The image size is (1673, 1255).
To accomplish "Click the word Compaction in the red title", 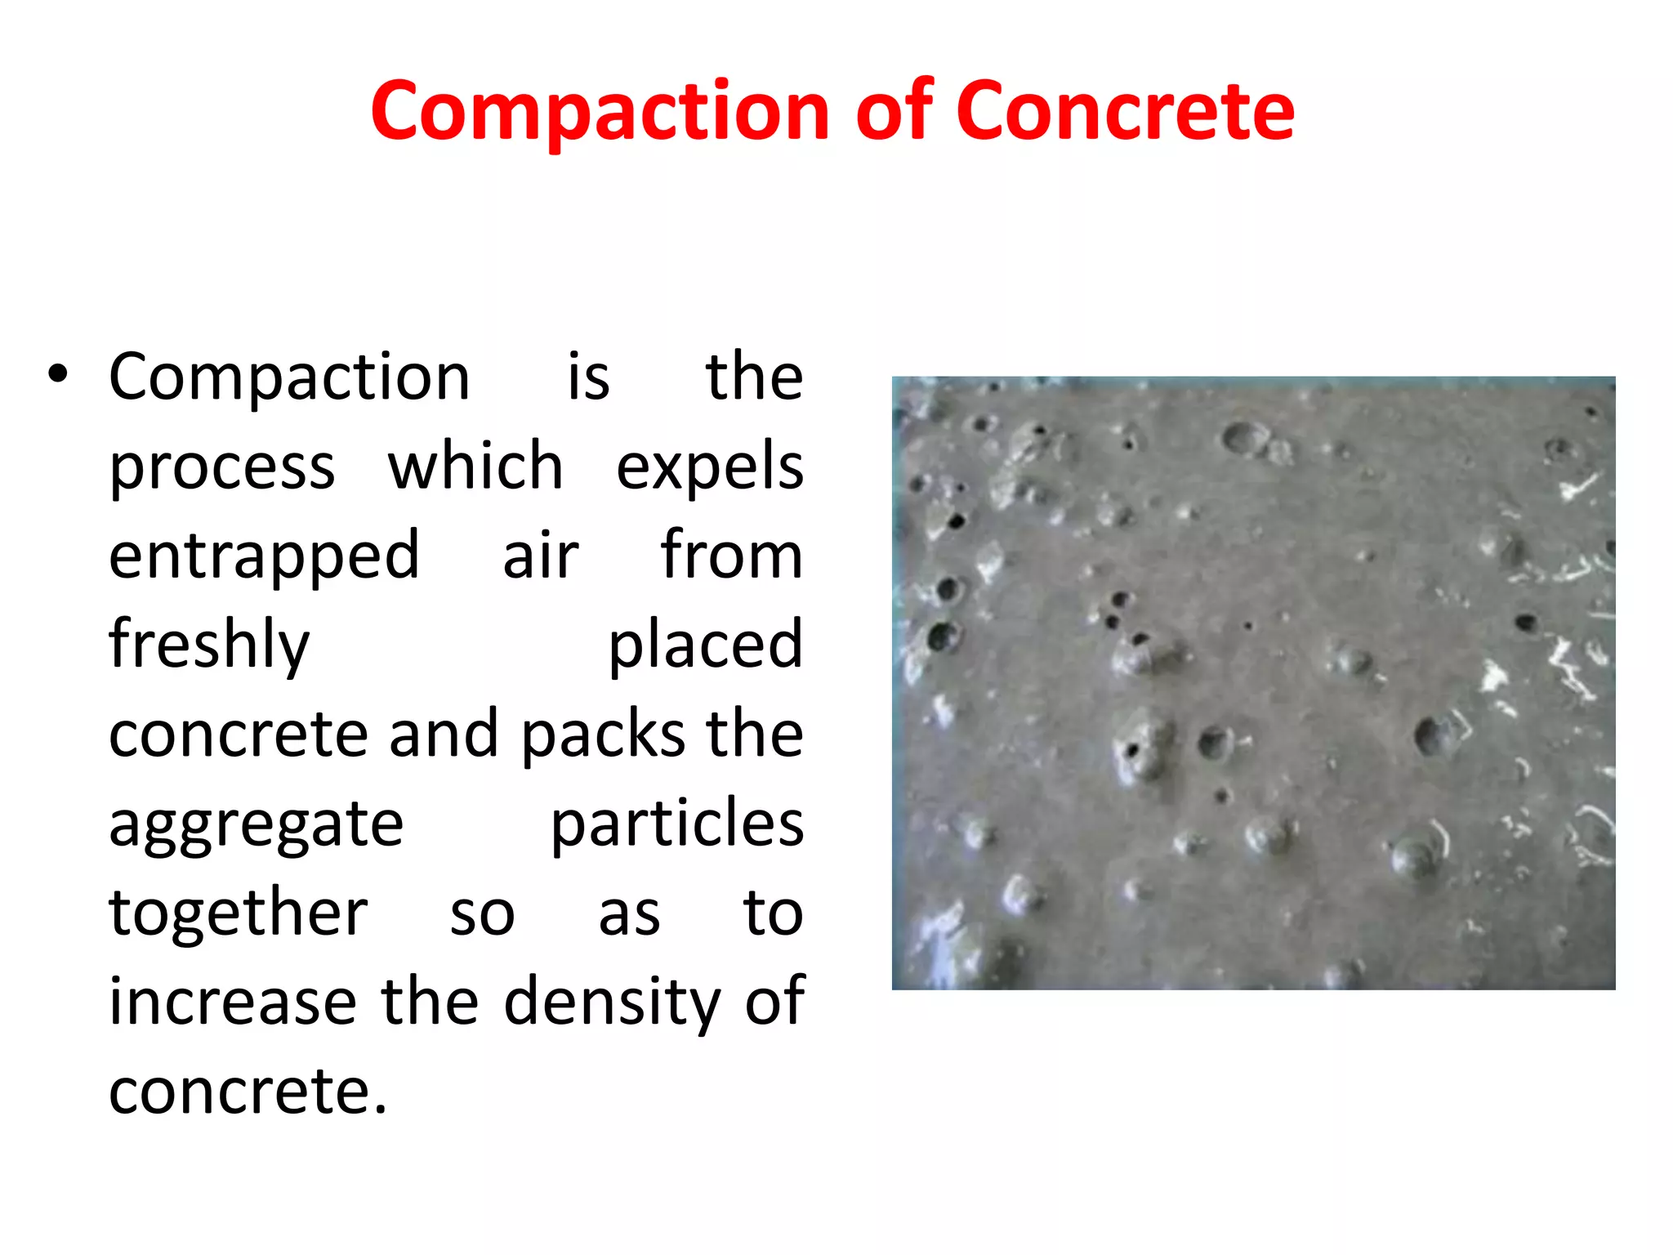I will pos(600,111).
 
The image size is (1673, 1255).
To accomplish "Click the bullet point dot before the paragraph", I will pos(57,375).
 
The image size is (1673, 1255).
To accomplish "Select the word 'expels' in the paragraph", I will pos(709,467).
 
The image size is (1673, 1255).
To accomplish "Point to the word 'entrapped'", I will pos(264,556).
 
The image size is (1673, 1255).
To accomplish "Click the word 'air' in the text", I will pos(540,556).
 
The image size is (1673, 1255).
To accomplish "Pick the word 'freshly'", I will pos(209,645).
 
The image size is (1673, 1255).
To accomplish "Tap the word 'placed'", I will pos(706,645).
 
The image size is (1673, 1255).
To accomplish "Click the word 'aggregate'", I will pos(256,825).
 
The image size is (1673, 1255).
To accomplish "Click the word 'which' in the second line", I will pos(475,466).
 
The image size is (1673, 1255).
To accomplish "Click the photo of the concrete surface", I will pos(1253,683).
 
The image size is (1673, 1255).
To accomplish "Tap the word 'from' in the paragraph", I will pos(731,555).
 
